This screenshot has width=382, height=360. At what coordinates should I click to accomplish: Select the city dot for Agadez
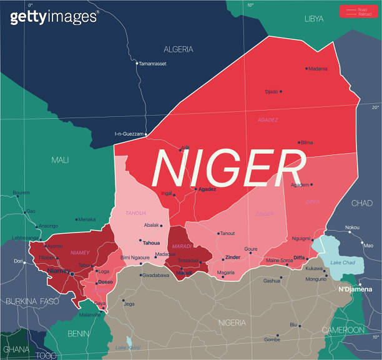click(195, 189)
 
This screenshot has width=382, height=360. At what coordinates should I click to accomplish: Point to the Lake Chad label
click(343, 262)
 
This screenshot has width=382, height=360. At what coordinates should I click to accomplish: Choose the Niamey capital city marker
click(72, 274)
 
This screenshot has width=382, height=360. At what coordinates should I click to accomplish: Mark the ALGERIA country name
click(179, 49)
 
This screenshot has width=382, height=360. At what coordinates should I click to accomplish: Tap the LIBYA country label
click(314, 19)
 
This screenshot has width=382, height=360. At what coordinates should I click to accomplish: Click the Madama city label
click(318, 69)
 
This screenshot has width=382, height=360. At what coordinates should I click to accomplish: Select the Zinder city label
click(233, 257)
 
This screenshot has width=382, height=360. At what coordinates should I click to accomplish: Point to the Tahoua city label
click(152, 242)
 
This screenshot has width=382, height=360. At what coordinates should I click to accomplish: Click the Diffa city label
click(299, 257)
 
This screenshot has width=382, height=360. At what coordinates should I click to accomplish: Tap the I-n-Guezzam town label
click(129, 134)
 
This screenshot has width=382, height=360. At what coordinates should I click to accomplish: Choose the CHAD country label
click(361, 203)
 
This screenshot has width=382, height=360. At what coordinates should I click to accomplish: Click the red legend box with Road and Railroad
click(358, 11)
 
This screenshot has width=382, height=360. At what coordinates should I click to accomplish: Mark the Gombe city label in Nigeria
click(272, 339)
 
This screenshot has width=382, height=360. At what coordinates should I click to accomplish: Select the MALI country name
click(60, 160)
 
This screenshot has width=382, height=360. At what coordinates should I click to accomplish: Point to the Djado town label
click(272, 92)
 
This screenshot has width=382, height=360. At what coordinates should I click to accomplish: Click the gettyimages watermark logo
click(54, 17)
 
